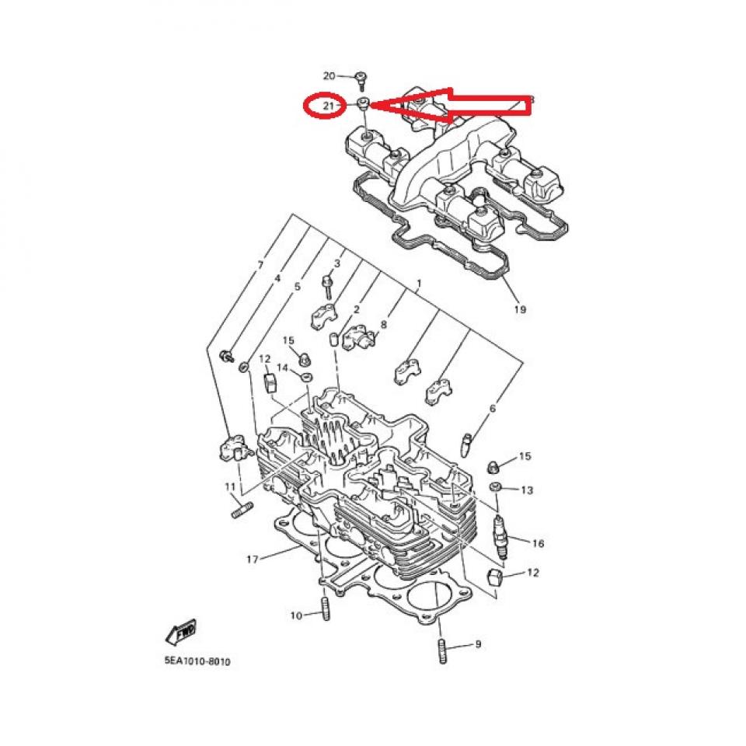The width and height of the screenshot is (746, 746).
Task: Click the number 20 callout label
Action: tap(328, 76)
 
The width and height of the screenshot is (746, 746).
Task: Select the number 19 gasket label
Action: tap(519, 309)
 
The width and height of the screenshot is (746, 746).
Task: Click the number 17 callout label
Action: tap(252, 559)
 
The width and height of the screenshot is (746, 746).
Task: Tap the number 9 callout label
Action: tap(478, 644)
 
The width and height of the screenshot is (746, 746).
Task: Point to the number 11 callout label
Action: tap(230, 486)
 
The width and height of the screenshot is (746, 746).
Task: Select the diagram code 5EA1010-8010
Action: tap(197, 662)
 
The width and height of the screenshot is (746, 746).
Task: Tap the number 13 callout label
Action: tap(527, 490)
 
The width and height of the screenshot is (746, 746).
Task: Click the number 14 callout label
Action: tap(283, 367)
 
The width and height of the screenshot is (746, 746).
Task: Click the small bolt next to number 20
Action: tap(361, 77)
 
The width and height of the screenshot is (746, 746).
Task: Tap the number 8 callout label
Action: tap(383, 324)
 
